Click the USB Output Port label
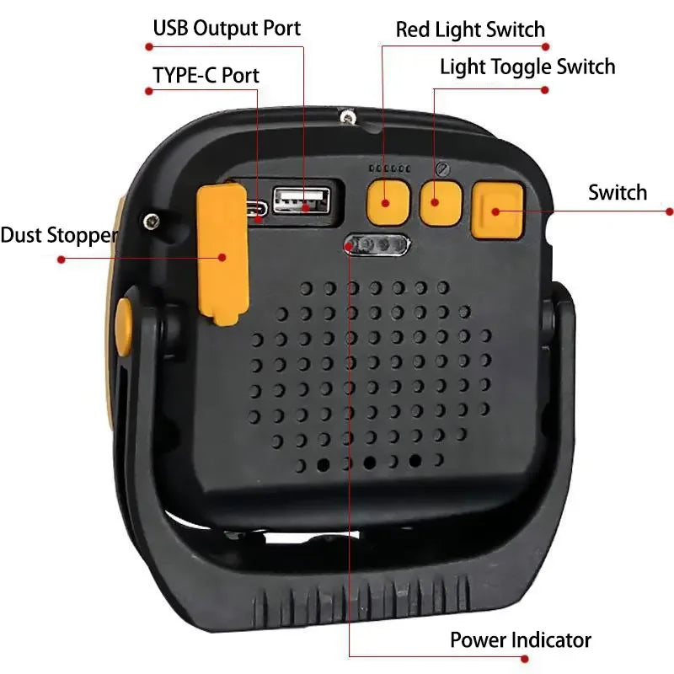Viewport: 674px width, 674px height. pyautogui.click(x=227, y=28)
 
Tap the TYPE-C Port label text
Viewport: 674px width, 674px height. pyautogui.click(x=206, y=75)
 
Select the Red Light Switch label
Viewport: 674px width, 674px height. pyautogui.click(x=470, y=30)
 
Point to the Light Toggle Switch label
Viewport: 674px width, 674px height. pyautogui.click(x=527, y=67)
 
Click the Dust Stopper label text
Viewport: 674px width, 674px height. pyautogui.click(x=58, y=235)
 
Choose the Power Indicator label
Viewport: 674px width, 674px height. pyautogui.click(x=520, y=639)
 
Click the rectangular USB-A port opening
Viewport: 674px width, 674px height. pyautogui.click(x=302, y=201)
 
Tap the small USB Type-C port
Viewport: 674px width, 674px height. pyautogui.click(x=259, y=209)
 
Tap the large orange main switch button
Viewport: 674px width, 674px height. pyautogui.click(x=497, y=208)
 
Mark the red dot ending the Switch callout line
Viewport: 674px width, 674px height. pyautogui.click(x=670, y=211)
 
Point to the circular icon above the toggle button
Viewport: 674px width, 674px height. pyautogui.click(x=443, y=168)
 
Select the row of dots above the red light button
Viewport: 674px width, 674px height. pyautogui.click(x=388, y=168)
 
